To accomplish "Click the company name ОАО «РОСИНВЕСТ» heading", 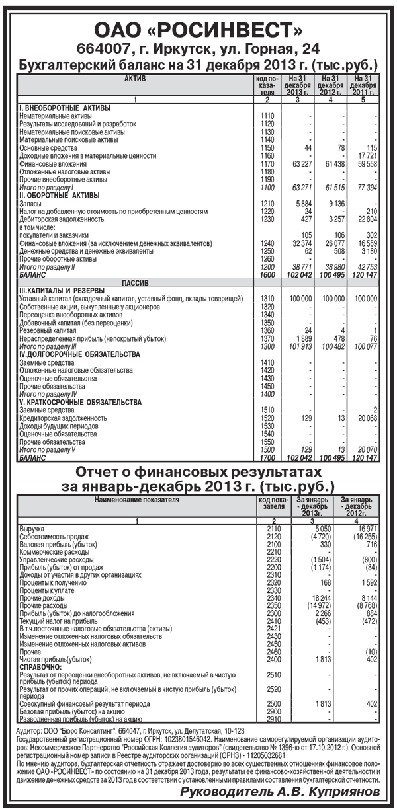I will pyautogui.click(x=198, y=30).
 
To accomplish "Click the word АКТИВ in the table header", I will pyautogui.click(x=135, y=79).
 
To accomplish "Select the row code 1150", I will pyautogui.click(x=267, y=147).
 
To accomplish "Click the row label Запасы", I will pyautogui.click(x=30, y=204).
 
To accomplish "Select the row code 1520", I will pyautogui.click(x=267, y=418).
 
